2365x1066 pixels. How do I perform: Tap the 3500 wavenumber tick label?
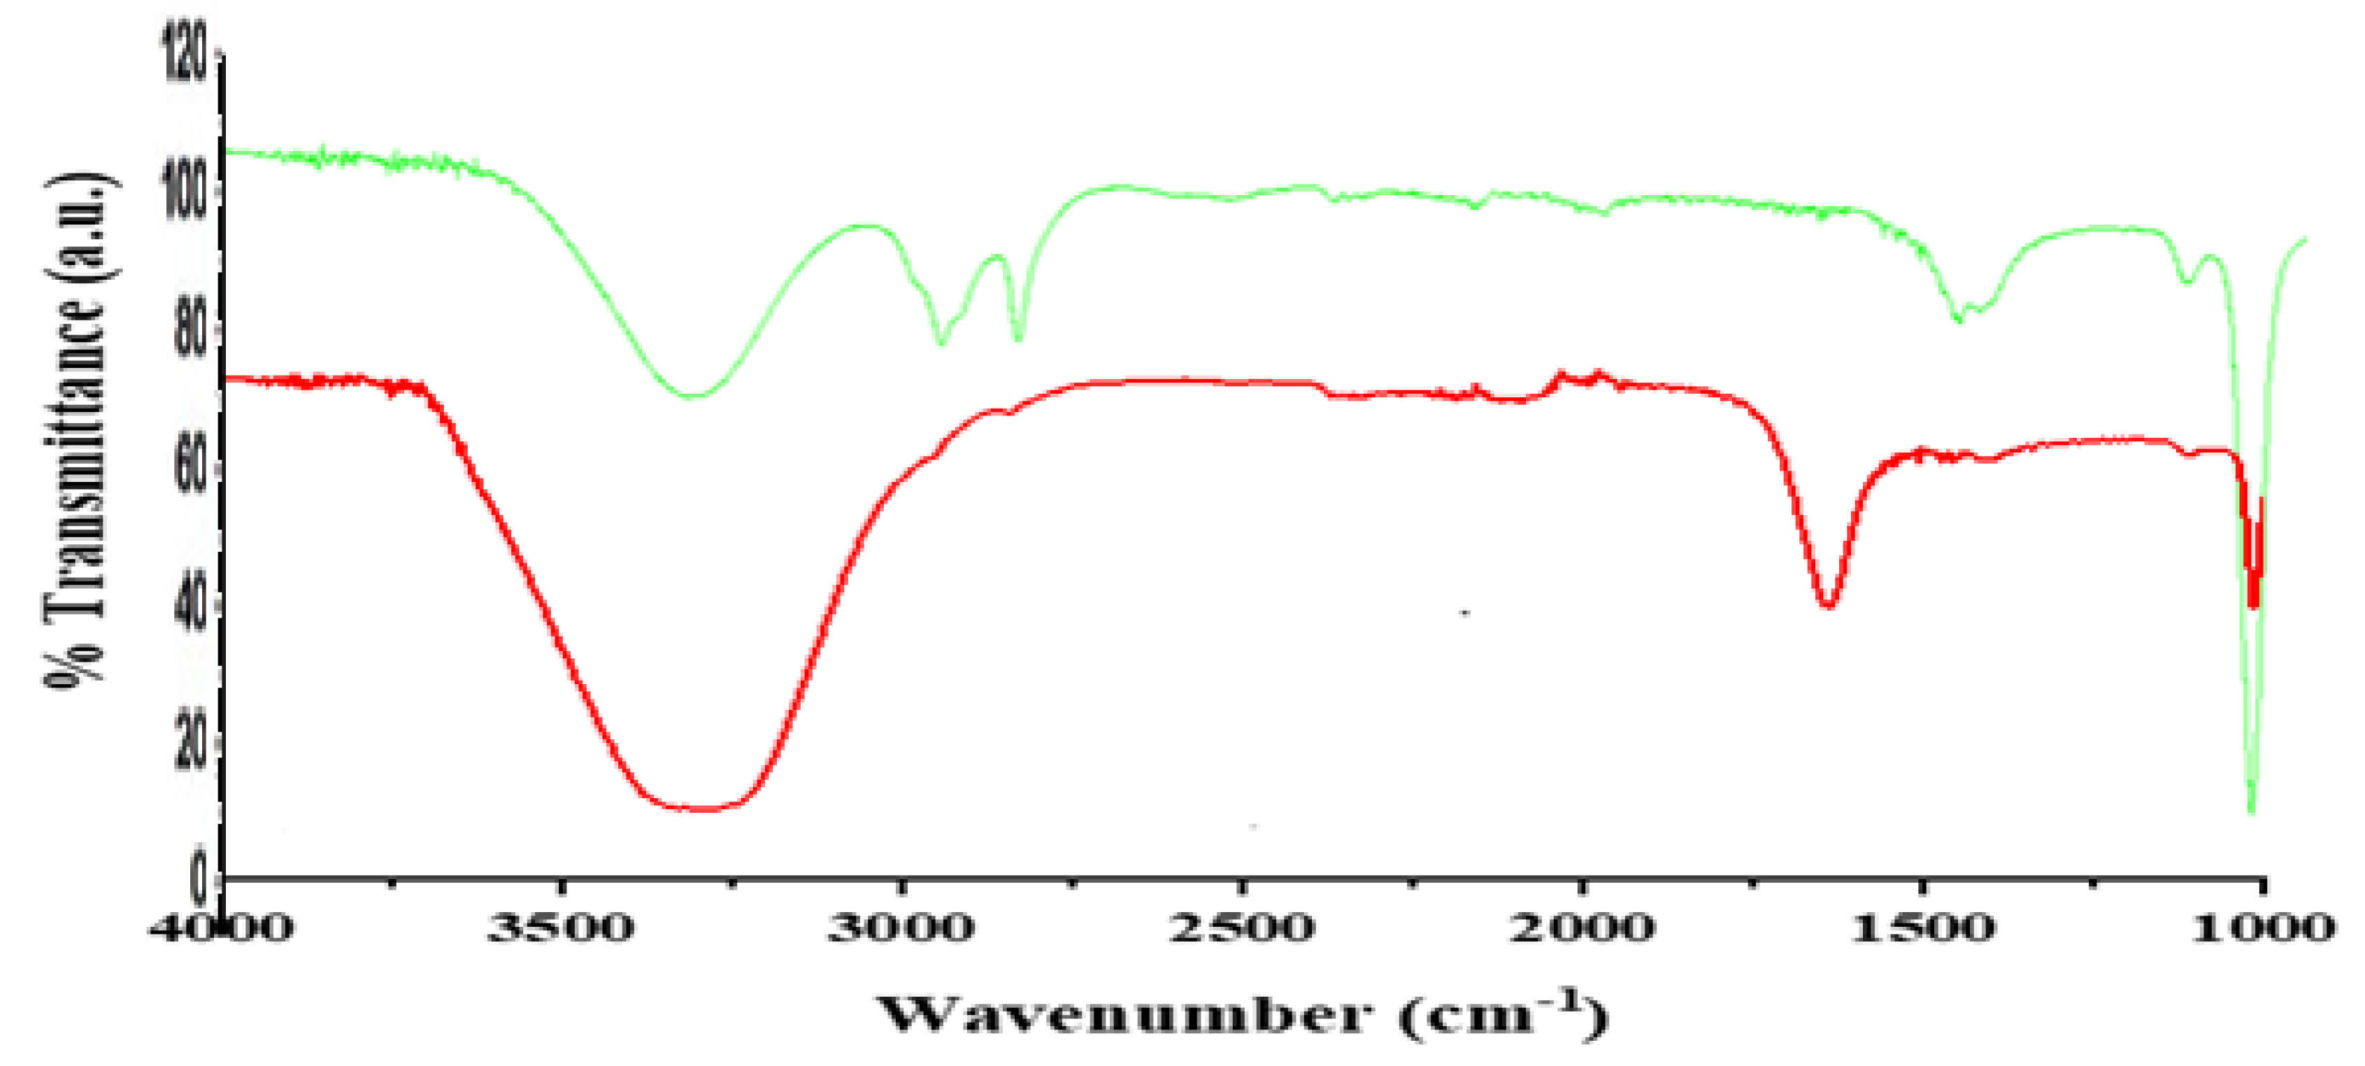click(x=560, y=928)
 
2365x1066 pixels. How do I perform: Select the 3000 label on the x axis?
click(x=901, y=928)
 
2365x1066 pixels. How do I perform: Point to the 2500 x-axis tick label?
click(x=1241, y=928)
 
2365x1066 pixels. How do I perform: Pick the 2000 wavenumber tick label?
click(x=1582, y=928)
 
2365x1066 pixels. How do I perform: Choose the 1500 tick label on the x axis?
click(x=1922, y=928)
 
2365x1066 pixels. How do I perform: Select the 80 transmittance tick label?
click(x=191, y=328)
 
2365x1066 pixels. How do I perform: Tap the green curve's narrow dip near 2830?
click(x=1018, y=339)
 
